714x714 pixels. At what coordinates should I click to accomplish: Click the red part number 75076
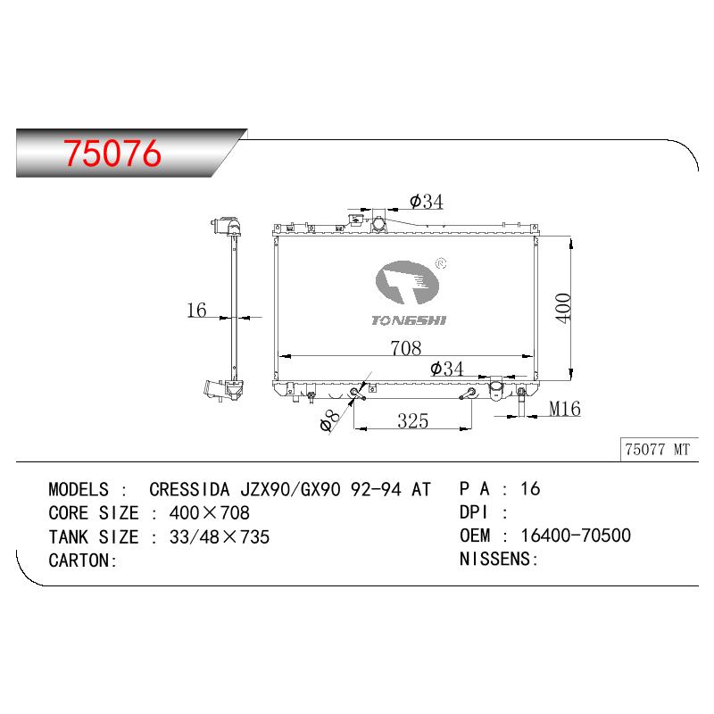[x=112, y=153]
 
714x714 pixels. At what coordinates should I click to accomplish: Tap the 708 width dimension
[x=406, y=348]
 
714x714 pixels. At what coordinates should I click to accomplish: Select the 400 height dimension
[x=563, y=308]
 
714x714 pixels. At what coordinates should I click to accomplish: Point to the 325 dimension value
[x=412, y=420]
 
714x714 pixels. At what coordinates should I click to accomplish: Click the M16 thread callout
[x=565, y=409]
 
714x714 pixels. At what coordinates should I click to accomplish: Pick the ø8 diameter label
[x=329, y=420]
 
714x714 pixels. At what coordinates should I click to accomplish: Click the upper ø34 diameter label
[x=427, y=202]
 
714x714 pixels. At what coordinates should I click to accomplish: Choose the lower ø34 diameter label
[x=447, y=369]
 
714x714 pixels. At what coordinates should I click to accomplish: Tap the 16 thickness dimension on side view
[x=196, y=310]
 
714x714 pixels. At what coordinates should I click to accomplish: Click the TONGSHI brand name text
[x=409, y=320]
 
